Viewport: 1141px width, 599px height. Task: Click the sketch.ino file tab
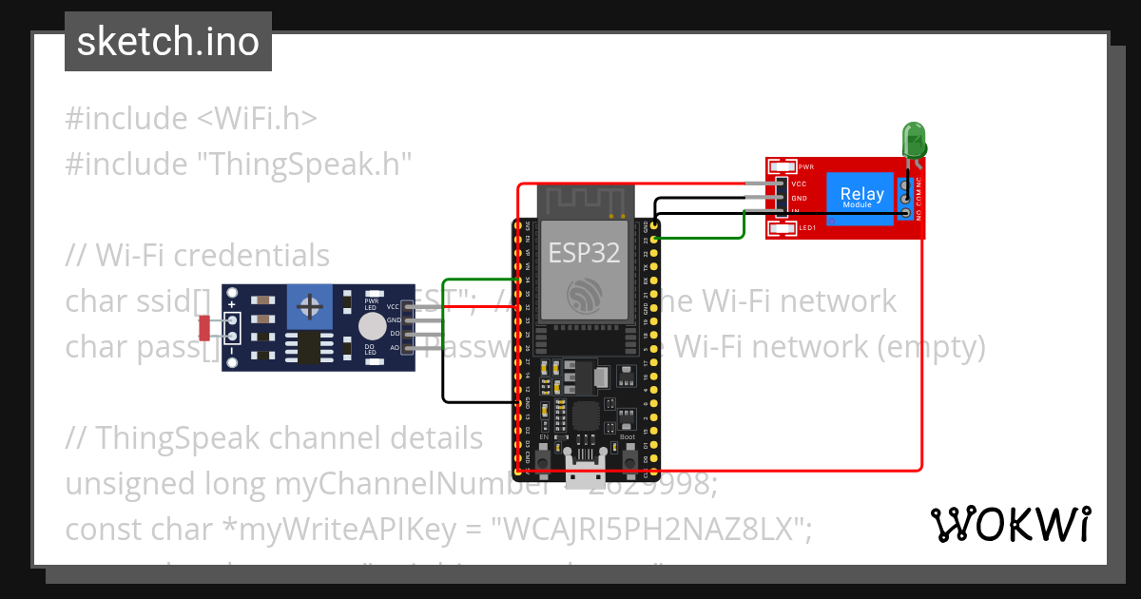click(x=167, y=43)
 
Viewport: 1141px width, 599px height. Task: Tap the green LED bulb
click(x=914, y=140)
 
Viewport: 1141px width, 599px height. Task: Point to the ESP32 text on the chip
click(x=584, y=252)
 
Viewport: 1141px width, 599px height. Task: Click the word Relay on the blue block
click(x=861, y=194)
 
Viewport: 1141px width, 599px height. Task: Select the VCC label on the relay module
click(x=799, y=184)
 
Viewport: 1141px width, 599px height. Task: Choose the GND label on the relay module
click(x=799, y=198)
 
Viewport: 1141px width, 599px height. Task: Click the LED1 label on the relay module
click(x=807, y=228)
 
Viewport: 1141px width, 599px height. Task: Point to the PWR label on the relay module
click(x=806, y=166)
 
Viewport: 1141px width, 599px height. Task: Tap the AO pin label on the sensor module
click(x=393, y=348)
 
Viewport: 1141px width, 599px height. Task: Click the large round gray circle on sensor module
click(x=373, y=326)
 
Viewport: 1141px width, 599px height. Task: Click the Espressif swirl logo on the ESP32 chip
click(x=584, y=296)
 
